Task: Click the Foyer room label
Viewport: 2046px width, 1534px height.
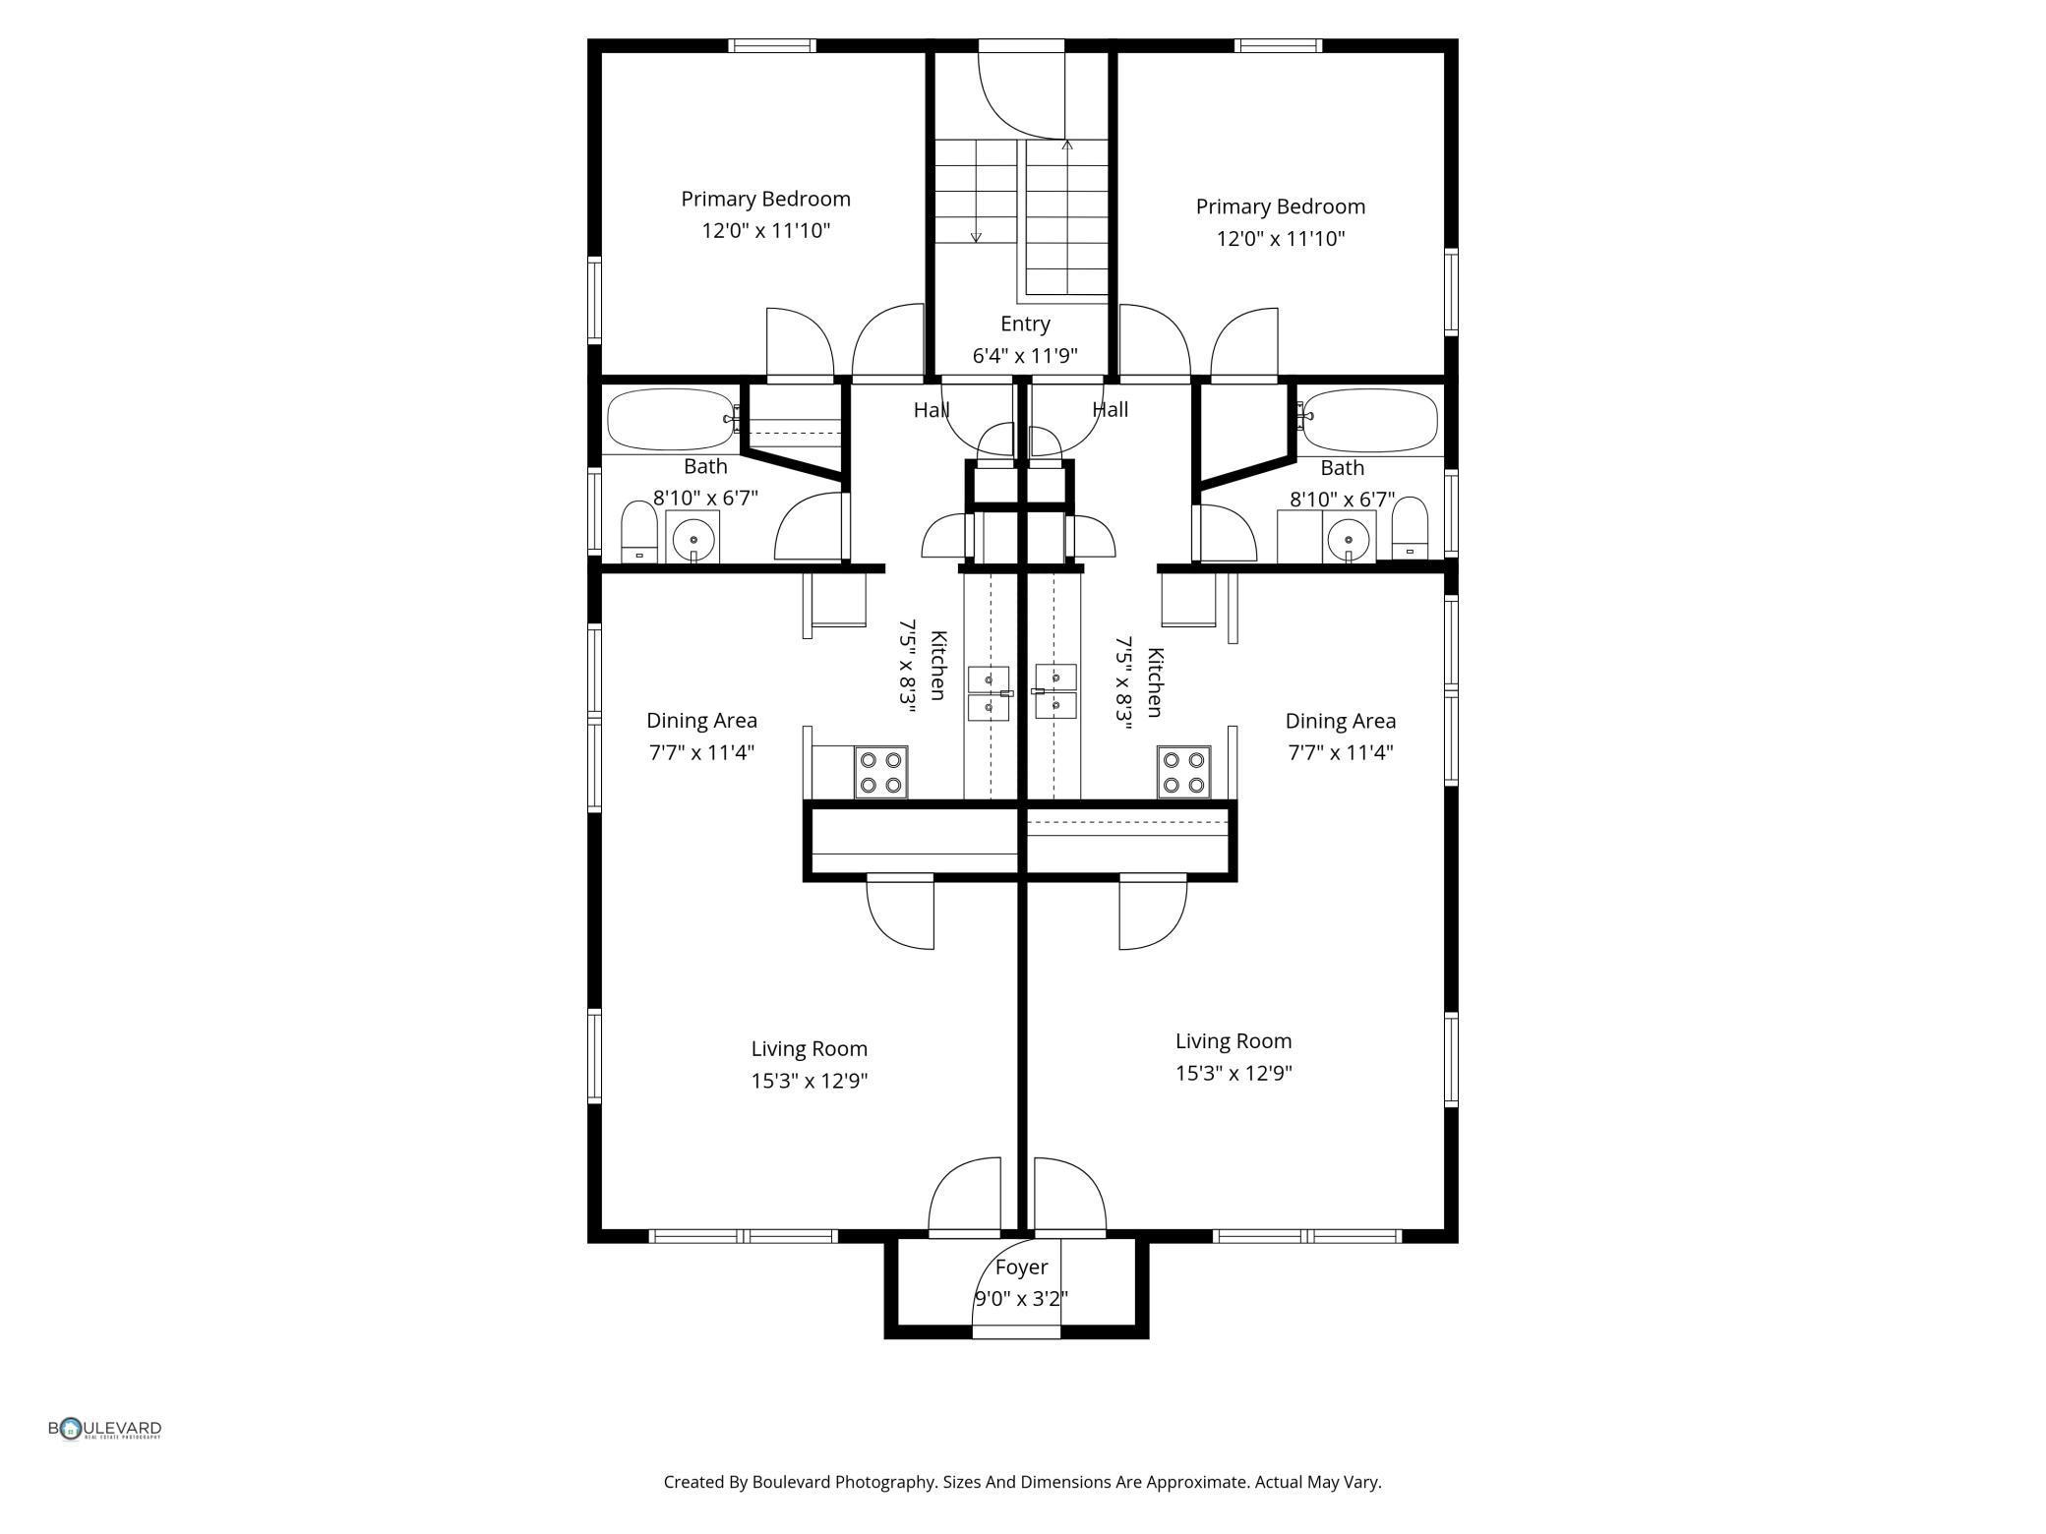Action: pos(1021,1267)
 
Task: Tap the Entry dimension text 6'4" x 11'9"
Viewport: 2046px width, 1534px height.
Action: pos(1025,355)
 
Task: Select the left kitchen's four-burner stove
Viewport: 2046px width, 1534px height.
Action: pos(880,772)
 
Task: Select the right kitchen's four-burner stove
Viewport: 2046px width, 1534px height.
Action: pos(1183,772)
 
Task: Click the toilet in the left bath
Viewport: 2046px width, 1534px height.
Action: pos(639,532)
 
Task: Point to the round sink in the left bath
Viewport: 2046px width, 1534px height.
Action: pos(693,540)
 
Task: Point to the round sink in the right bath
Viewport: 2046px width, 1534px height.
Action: pos(1349,540)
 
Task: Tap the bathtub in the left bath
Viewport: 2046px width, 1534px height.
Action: pos(672,420)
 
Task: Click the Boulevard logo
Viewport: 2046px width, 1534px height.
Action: pos(105,1429)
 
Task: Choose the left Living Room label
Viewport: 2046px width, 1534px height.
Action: pos(809,1049)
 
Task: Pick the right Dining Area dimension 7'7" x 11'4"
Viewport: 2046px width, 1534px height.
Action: pos(1341,752)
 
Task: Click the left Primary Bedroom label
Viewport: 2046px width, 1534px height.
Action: pos(765,199)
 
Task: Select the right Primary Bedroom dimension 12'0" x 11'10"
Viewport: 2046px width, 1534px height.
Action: pos(1280,238)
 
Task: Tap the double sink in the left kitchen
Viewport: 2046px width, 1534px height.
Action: pos(990,693)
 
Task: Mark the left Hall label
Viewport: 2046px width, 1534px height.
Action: pos(932,410)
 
